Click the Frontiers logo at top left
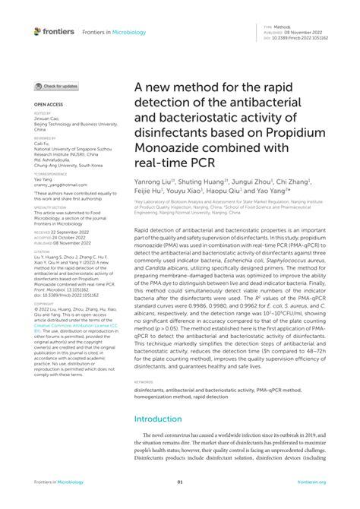tap(55, 31)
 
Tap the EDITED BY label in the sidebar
tap(43, 112)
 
